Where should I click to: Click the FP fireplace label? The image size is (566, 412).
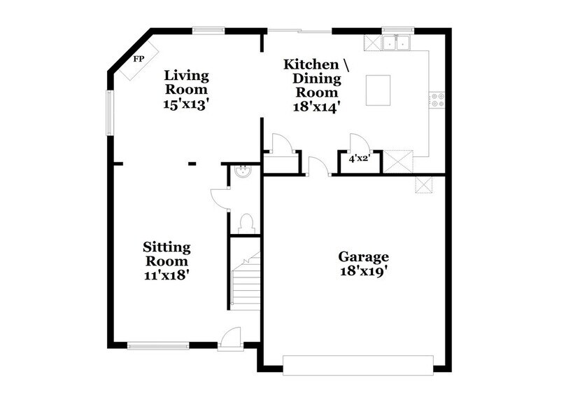[139, 59]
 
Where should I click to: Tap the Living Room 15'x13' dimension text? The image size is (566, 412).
[186, 104]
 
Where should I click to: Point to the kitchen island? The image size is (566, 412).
[379, 91]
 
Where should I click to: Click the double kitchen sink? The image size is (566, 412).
[397, 43]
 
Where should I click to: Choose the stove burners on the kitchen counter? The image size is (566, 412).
[438, 100]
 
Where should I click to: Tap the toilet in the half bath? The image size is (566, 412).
[245, 223]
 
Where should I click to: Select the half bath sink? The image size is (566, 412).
[241, 171]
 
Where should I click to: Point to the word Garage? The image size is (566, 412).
[363, 256]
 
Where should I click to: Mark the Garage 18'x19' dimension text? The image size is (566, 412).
[363, 270]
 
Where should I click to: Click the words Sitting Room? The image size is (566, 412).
[167, 254]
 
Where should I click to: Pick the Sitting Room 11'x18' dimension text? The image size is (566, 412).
[167, 275]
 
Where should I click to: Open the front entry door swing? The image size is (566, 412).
[228, 339]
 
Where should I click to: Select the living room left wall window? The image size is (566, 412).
[108, 111]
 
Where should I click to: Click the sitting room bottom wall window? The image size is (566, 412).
[157, 344]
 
